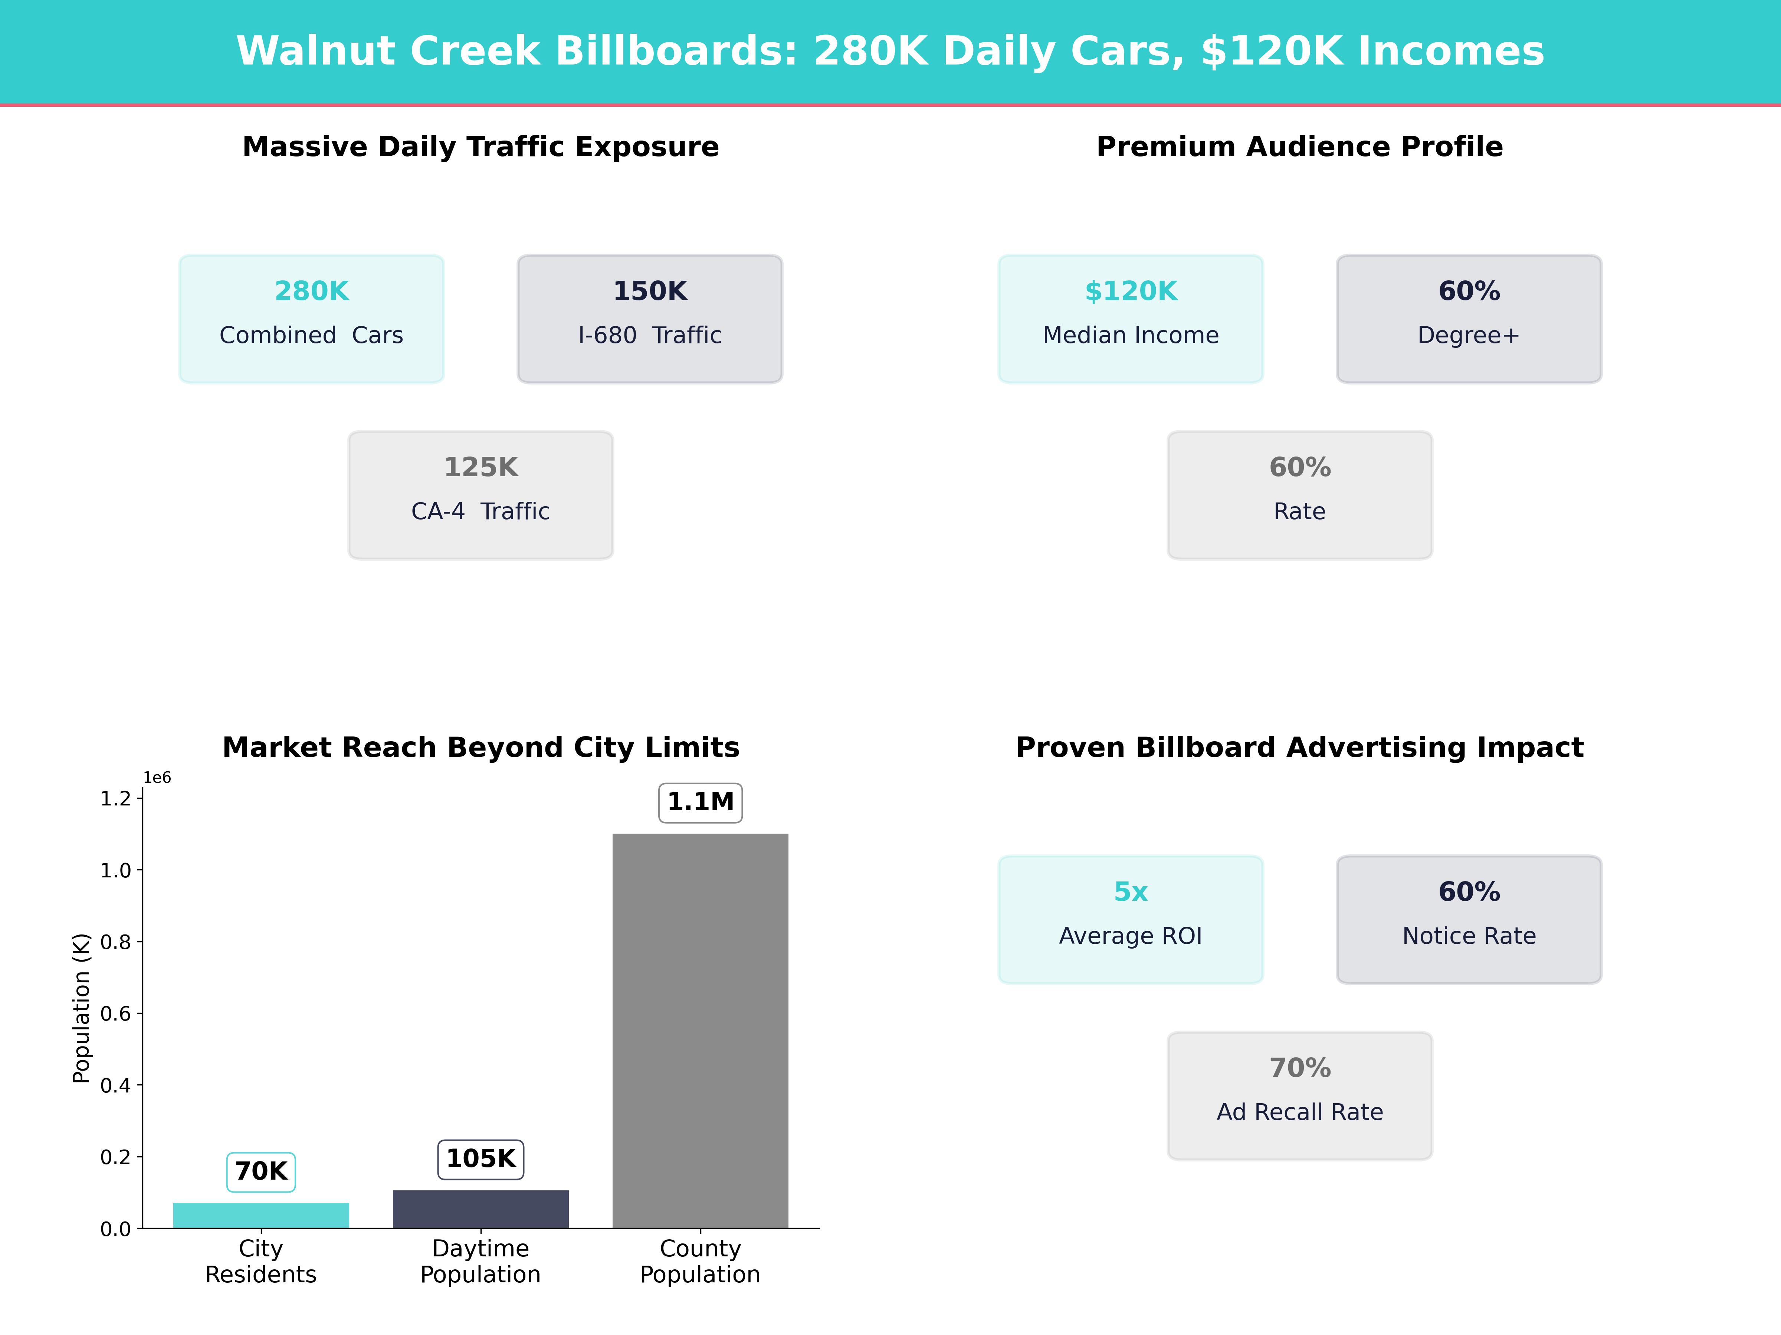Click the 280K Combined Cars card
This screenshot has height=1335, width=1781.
click(312, 319)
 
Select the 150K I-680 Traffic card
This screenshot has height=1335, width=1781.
click(650, 319)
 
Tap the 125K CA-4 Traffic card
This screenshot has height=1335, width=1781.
click(480, 495)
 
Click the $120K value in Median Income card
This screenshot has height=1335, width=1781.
click(1131, 291)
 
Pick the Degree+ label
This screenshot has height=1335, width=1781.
click(1469, 336)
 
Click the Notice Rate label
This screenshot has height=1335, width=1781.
click(1469, 936)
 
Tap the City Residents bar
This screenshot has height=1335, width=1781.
click(261, 1215)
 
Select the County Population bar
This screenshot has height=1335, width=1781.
click(701, 1030)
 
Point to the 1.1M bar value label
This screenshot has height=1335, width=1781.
click(701, 802)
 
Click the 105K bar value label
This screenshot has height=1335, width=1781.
click(480, 1159)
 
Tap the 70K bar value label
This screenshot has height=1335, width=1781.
click(261, 1171)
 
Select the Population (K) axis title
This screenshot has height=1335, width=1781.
click(81, 1008)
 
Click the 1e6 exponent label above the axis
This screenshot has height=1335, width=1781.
click(157, 777)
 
